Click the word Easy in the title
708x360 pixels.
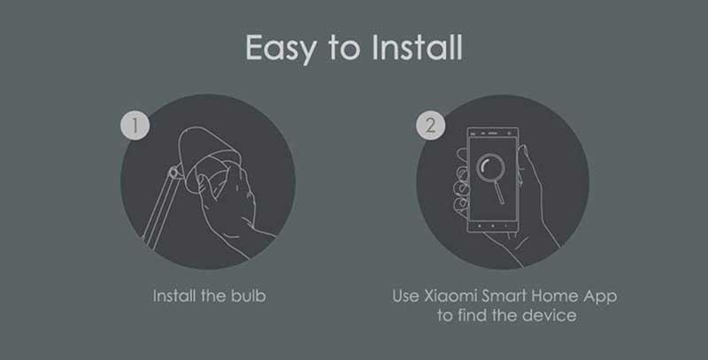coord(281,49)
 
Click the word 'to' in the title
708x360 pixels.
coord(343,49)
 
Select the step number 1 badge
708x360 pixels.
coord(135,125)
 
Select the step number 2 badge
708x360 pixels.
coord(430,125)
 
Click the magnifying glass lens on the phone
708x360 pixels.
coord(490,168)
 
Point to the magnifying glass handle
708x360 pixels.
coord(499,192)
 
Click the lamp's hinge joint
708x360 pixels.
coord(173,172)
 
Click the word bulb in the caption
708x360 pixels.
coord(249,296)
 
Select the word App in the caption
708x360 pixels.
coord(600,297)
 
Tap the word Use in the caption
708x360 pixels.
coord(405,296)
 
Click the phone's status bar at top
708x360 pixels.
coord(493,134)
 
